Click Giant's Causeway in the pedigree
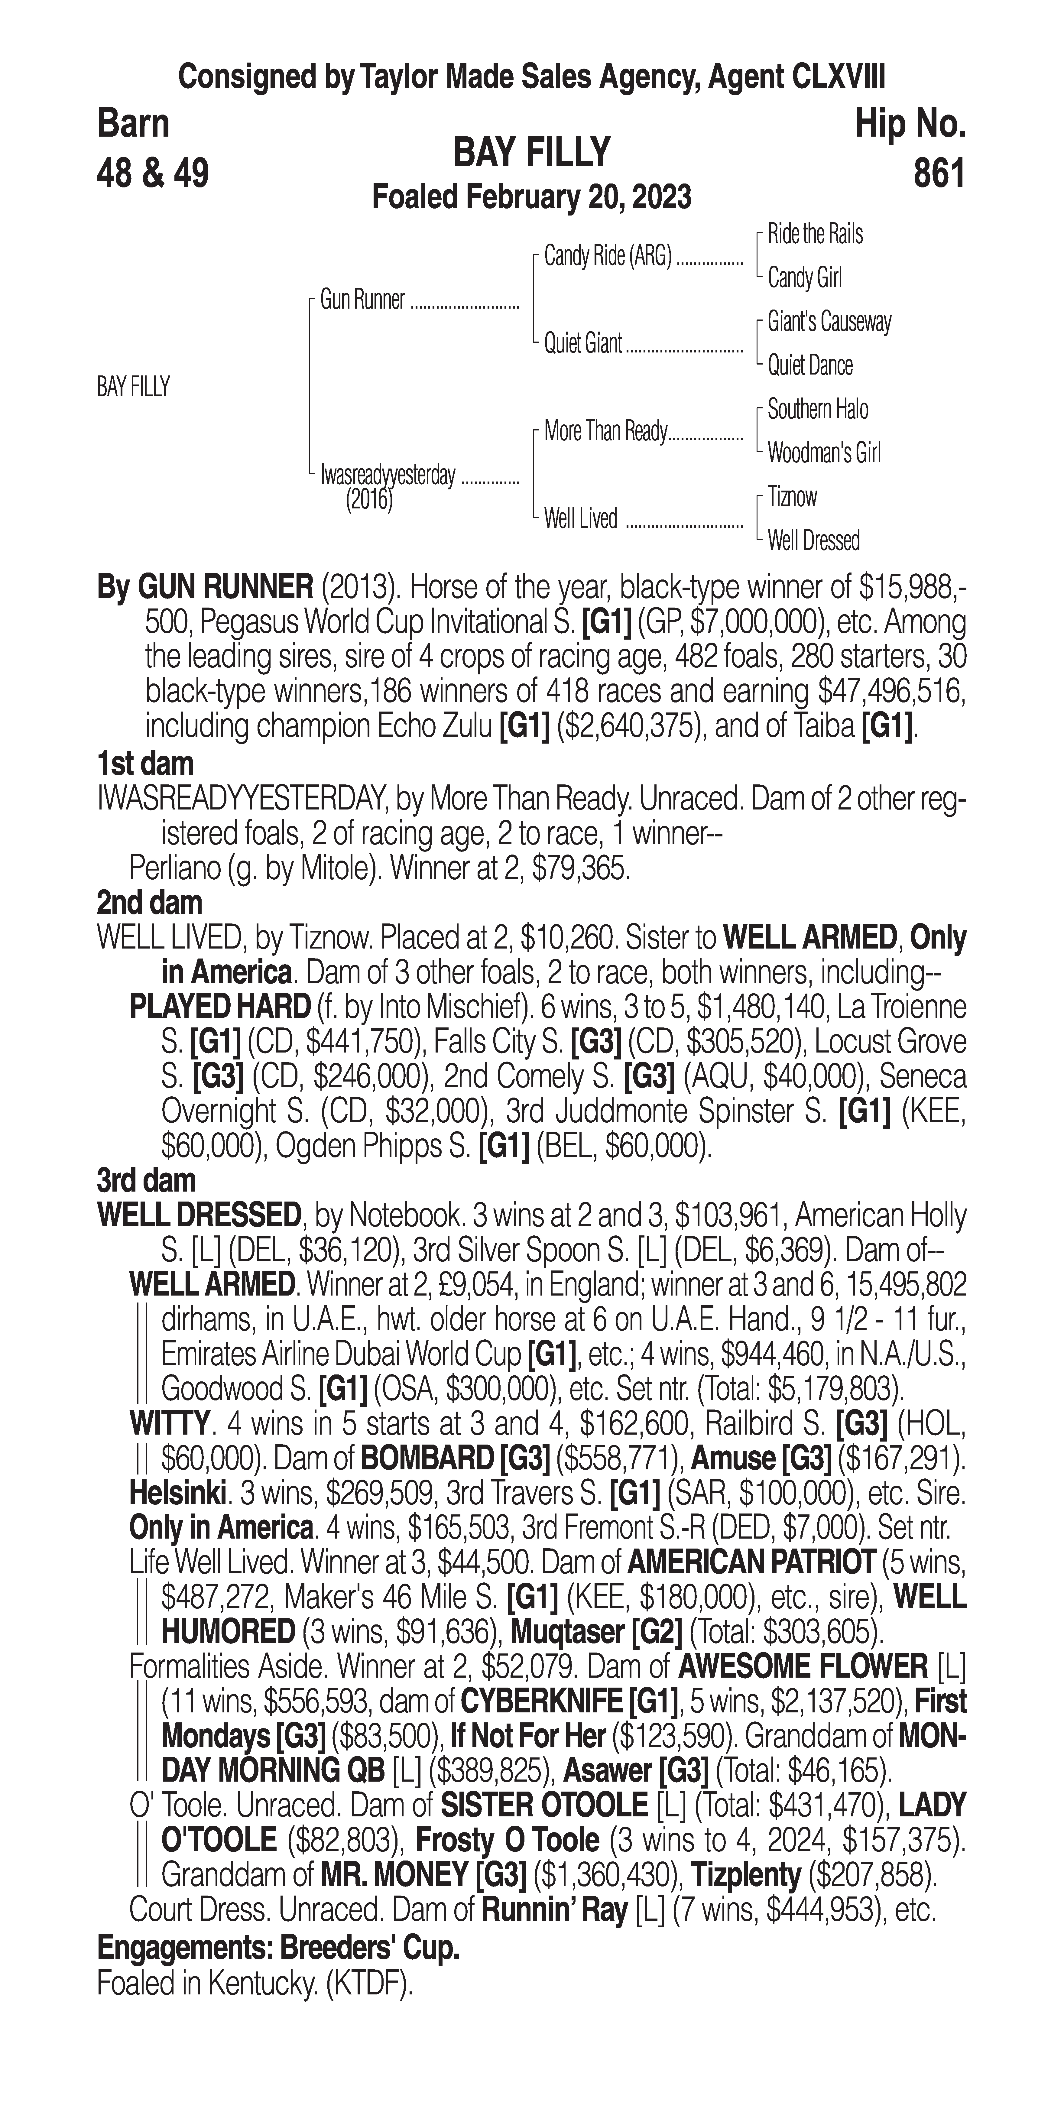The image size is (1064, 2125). coord(829,322)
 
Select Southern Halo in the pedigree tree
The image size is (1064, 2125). coord(817,409)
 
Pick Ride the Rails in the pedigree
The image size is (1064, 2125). coord(815,234)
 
